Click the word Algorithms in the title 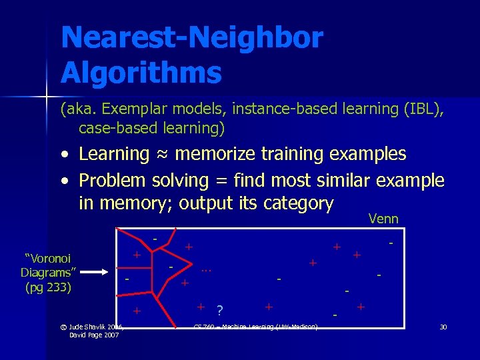coord(141,73)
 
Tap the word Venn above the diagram coord(383,219)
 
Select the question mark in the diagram coord(219,310)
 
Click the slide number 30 coord(443,326)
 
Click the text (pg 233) coord(48,287)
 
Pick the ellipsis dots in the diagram coord(206,269)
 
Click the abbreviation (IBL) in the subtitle coord(422,108)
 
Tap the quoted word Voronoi coord(48,259)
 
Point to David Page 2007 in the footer coord(93,335)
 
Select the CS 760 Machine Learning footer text coord(255,326)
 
